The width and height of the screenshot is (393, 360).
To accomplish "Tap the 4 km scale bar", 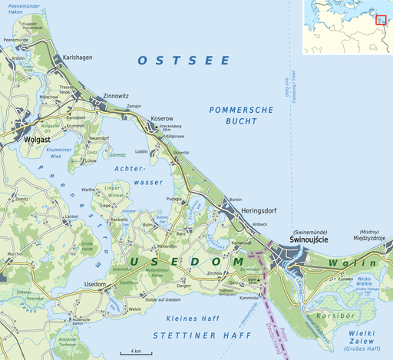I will tap(134, 352).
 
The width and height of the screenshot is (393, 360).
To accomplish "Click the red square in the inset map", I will tap(379, 19).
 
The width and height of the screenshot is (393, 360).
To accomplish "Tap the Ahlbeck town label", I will tap(260, 224).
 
